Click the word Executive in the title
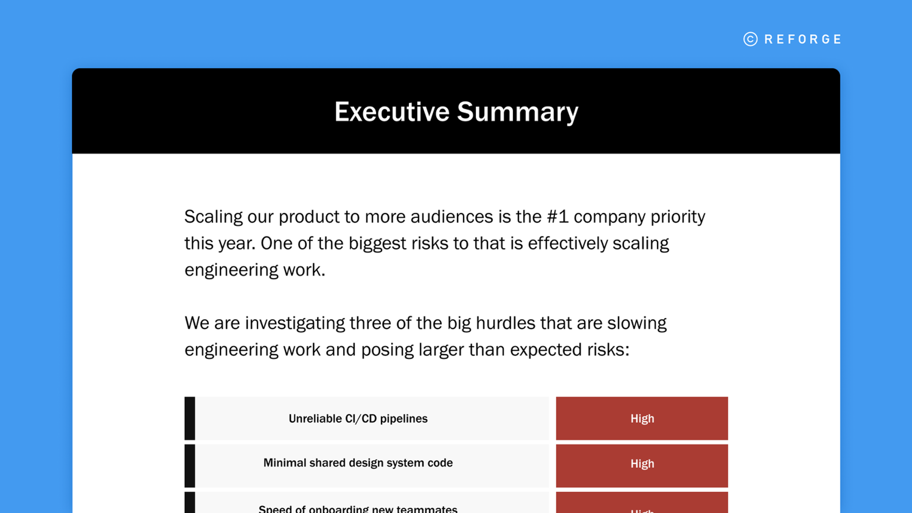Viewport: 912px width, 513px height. click(x=392, y=112)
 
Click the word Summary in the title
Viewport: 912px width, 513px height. click(x=517, y=112)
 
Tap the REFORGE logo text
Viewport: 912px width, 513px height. click(x=803, y=40)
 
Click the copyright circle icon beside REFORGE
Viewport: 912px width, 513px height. click(x=750, y=40)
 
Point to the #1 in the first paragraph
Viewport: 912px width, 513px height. click(x=557, y=217)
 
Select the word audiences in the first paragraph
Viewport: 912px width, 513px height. click(x=451, y=217)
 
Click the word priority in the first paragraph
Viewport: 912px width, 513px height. click(x=678, y=217)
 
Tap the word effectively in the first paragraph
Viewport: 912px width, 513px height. click(x=567, y=244)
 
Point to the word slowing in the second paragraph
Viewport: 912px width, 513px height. click(x=637, y=323)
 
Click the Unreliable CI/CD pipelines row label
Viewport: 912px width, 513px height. click(x=358, y=419)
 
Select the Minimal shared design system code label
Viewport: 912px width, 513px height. click(x=358, y=463)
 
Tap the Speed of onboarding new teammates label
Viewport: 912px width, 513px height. click(x=358, y=508)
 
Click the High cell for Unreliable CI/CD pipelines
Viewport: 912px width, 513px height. click(x=642, y=419)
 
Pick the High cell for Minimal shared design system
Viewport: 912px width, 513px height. click(x=642, y=464)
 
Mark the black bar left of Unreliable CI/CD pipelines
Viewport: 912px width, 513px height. click(x=190, y=418)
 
